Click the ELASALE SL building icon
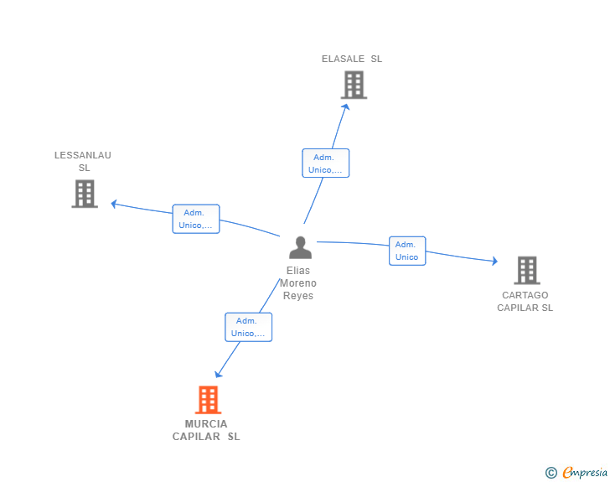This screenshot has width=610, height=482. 354,85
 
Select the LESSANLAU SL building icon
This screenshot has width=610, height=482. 85,194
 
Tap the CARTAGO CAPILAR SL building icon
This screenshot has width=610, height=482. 527,270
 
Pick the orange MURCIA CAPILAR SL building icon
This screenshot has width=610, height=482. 208,400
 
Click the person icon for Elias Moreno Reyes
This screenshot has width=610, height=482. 300,247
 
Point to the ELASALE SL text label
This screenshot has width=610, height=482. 352,59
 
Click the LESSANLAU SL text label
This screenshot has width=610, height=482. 83,162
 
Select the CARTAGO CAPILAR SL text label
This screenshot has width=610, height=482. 525,301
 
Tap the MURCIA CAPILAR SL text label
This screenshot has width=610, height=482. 206,430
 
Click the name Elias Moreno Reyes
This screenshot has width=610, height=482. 298,283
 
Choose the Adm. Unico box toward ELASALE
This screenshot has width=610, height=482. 326,163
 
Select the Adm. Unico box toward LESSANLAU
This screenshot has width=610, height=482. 196,219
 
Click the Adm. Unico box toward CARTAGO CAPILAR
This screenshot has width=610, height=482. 407,251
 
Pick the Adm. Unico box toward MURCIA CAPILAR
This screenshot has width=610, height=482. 249,327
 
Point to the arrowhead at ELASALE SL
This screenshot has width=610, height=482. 345,106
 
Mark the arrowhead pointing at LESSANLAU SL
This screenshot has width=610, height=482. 114,204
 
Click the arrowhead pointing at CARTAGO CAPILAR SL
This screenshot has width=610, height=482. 494,261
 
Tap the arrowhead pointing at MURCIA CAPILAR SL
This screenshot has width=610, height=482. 218,374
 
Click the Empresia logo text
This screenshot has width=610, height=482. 585,472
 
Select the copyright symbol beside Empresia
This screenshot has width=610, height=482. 551,473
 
